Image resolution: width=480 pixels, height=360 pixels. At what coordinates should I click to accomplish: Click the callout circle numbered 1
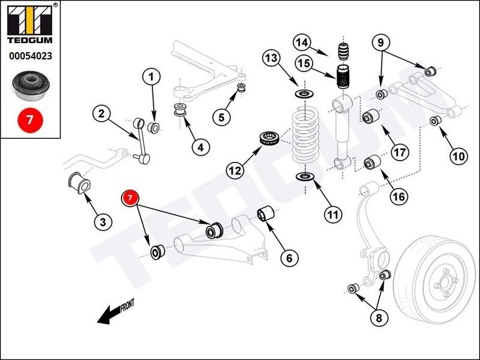151,77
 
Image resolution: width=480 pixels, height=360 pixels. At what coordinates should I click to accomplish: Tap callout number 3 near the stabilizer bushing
103,221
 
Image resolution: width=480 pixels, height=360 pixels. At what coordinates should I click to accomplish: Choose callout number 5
221,116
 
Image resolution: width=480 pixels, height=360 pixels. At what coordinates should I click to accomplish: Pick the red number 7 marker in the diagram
131,198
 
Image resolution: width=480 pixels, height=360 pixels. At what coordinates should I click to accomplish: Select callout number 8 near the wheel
378,318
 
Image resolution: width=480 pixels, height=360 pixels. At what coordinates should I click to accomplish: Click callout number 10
458,157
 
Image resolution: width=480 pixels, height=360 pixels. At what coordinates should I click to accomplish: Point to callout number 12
235,170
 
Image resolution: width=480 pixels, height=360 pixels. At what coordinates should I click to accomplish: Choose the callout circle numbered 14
302,43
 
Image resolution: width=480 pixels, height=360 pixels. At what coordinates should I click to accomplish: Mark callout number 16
398,196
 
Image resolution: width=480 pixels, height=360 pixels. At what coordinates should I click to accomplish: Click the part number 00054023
29,57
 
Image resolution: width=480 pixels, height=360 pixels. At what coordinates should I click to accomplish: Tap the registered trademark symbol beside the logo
55,5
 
